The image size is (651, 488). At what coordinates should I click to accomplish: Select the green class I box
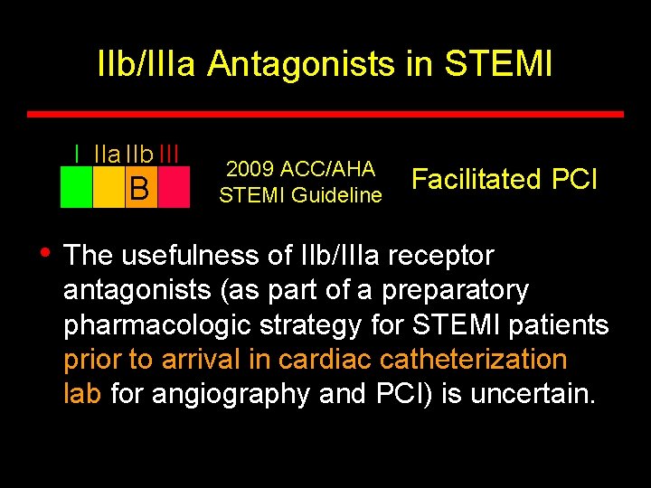coord(76,188)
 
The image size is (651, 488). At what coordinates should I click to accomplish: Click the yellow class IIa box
coord(108,188)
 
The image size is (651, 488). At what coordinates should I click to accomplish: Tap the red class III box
coord(174,188)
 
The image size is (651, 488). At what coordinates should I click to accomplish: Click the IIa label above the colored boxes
coord(107,155)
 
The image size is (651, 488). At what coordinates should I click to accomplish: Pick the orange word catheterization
coord(473,359)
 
